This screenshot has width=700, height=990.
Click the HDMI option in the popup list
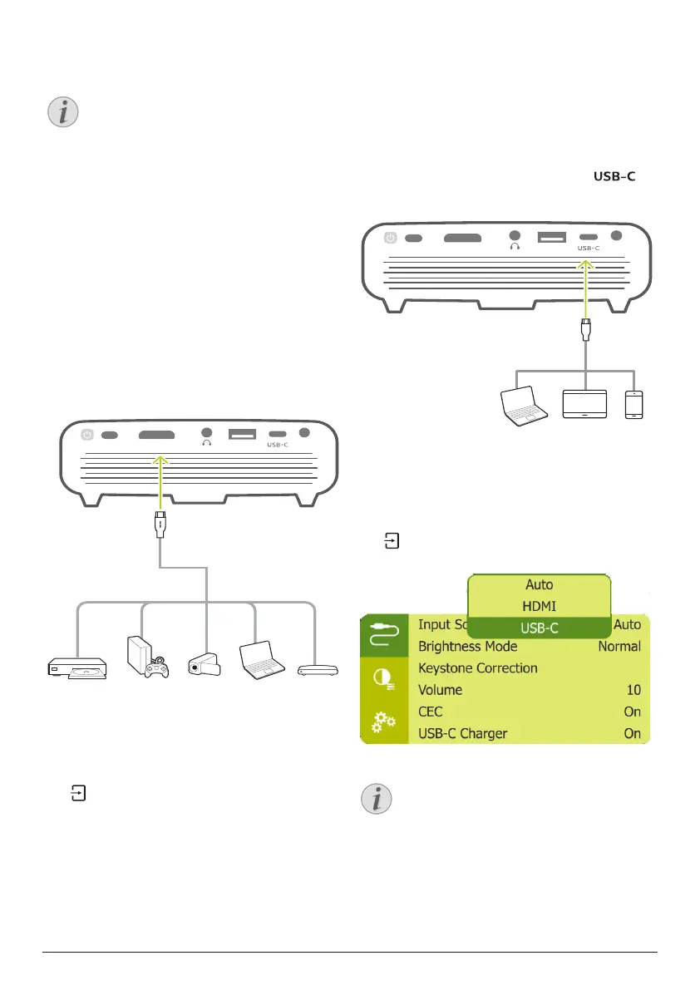click(539, 606)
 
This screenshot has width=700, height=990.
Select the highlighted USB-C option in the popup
click(539, 628)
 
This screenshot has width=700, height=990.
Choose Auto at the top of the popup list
click(539, 584)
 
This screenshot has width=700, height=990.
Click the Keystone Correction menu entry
click(477, 667)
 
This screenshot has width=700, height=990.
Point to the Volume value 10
click(633, 690)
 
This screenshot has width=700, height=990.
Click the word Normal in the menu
click(619, 646)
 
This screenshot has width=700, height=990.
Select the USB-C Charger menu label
click(462, 733)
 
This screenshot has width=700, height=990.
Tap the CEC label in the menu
click(430, 712)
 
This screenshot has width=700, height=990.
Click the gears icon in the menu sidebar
click(384, 722)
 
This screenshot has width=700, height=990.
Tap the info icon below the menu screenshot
click(378, 799)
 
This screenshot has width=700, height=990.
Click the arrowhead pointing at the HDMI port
click(160, 460)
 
